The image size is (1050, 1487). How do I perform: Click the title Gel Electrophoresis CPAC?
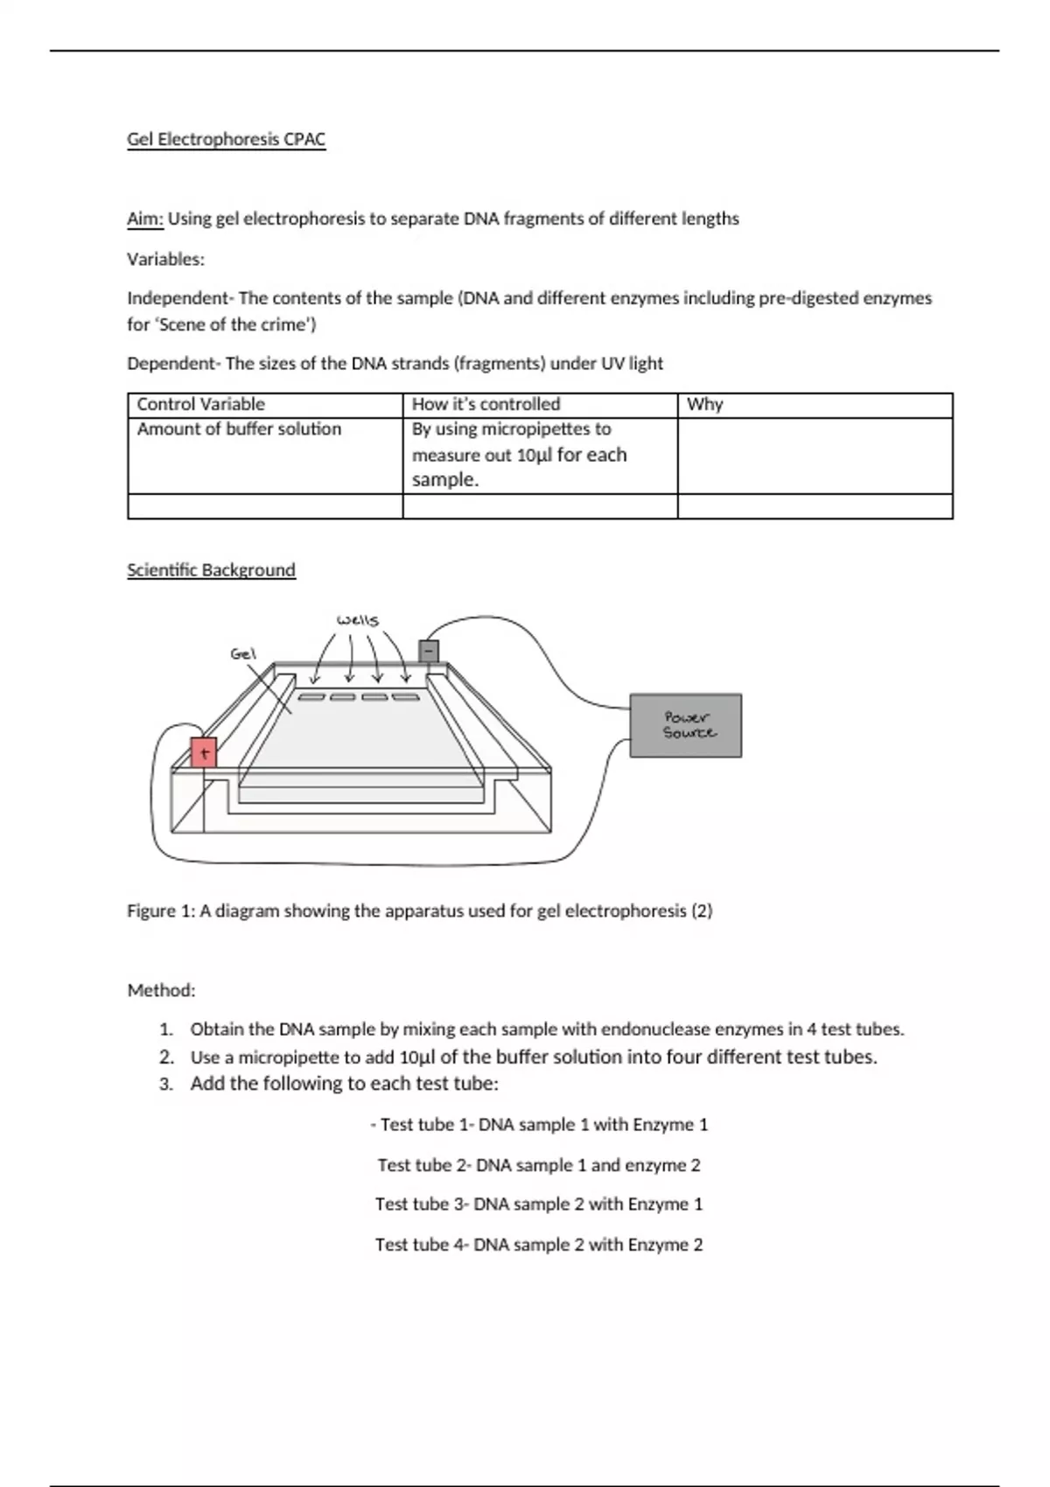226,139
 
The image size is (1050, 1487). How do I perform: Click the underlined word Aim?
144,219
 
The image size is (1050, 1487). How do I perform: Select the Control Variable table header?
200,404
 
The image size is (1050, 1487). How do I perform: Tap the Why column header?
704,404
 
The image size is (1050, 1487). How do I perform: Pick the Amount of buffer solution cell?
239,429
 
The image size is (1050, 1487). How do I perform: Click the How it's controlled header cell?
486,404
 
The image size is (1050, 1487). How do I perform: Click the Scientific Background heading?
211,570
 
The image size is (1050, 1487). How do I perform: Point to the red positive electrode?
203,752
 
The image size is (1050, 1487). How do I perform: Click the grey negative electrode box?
429,652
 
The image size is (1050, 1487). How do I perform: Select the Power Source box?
686,725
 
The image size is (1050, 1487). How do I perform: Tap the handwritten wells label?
358,620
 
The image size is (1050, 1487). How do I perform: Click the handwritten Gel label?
242,653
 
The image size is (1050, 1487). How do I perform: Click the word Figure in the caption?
150,911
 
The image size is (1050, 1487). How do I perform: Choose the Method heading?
161,990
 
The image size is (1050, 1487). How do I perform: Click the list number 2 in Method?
166,1057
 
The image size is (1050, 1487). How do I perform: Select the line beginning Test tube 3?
538,1204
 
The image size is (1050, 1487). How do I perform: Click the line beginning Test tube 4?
538,1245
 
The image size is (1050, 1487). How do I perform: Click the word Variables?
165,259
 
